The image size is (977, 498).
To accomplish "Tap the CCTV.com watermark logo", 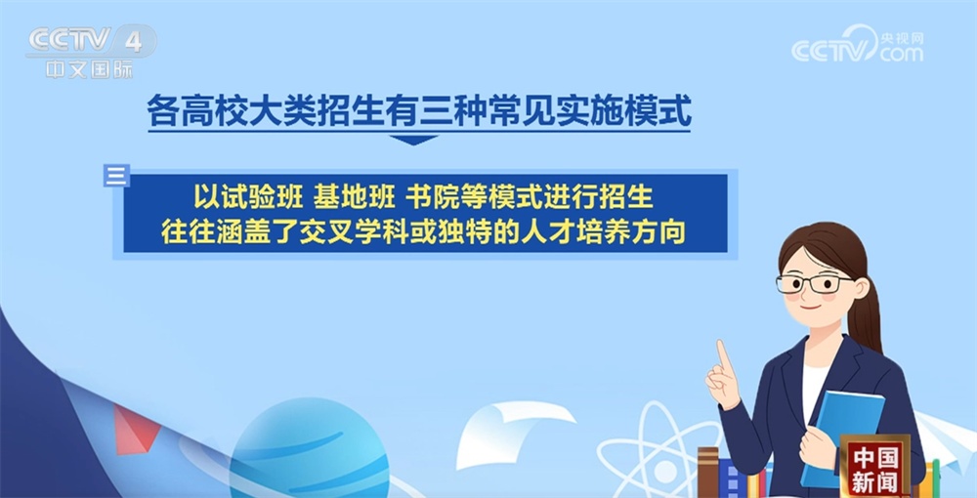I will (857, 47).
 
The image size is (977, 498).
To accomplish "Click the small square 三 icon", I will (116, 176).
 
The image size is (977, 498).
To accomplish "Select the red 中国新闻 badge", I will (874, 467).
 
